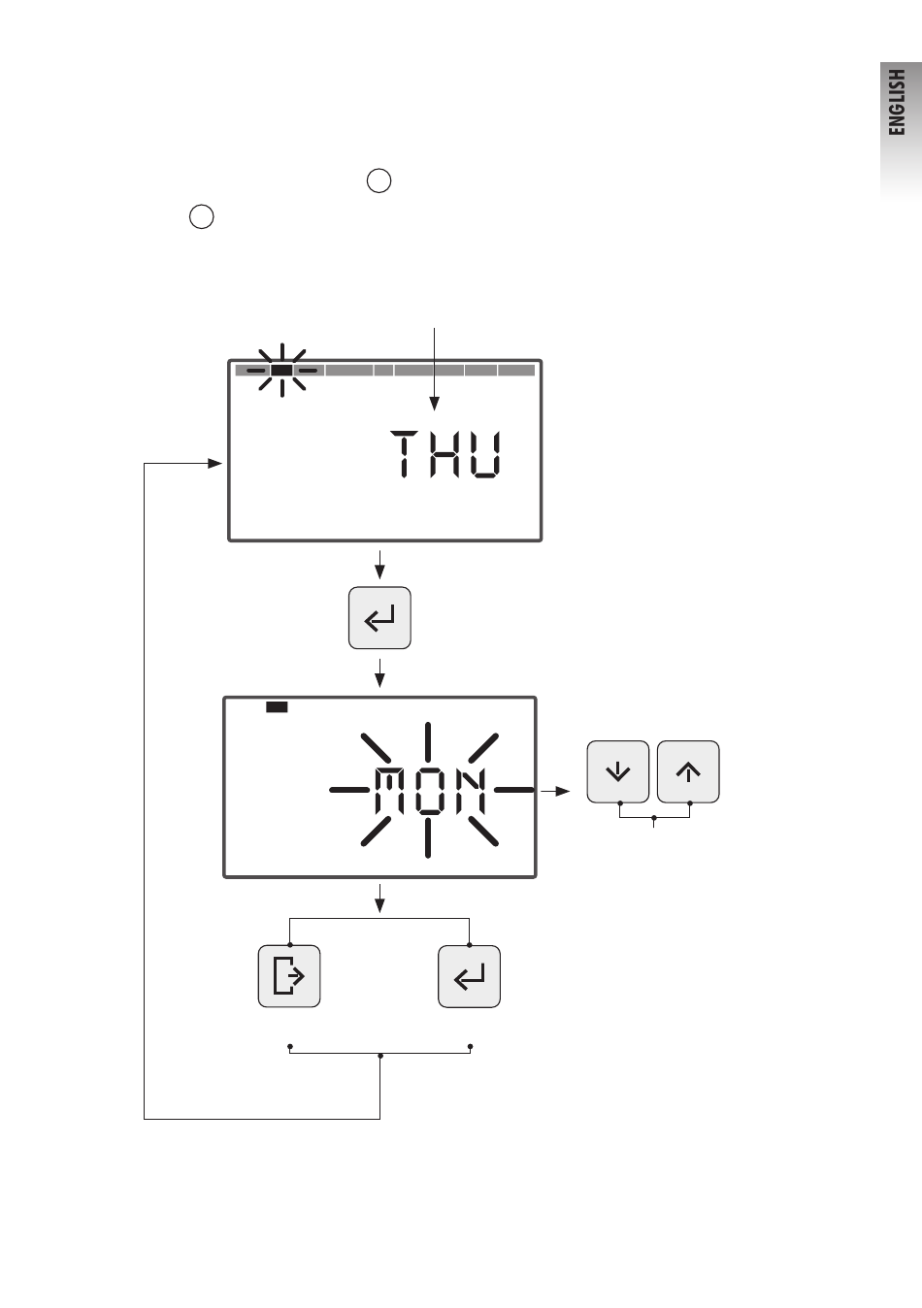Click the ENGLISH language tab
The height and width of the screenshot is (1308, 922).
(900, 102)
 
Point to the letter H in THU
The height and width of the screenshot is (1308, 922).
(447, 455)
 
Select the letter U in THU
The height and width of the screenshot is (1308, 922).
(485, 455)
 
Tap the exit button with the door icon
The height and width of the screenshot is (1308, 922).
(289, 976)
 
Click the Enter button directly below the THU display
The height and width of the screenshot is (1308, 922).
(379, 617)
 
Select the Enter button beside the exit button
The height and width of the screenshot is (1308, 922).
(470, 976)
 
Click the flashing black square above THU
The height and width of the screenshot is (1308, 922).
(281, 370)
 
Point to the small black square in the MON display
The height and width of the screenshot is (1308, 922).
(278, 707)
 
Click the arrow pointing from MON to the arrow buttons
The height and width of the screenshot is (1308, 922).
(556, 792)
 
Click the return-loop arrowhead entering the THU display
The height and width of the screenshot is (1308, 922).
(215, 464)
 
